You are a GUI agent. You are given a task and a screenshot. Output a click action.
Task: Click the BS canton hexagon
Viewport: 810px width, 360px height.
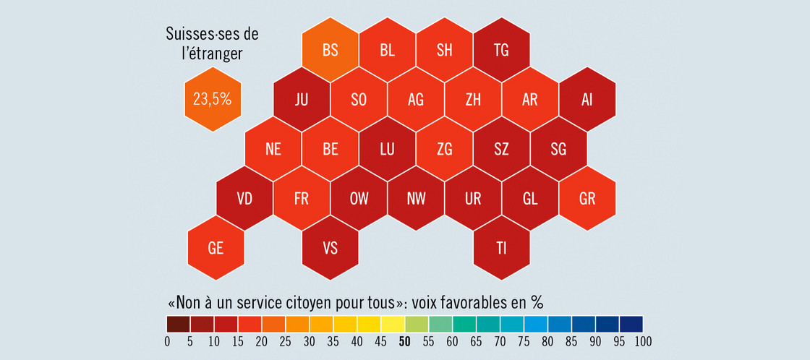tap(331, 51)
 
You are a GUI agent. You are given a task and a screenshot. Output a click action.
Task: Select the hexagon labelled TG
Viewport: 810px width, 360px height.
tap(501, 51)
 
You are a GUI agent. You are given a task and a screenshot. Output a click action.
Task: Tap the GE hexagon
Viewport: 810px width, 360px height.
tap(216, 248)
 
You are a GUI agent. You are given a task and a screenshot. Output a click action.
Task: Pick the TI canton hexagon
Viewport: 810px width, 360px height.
tap(501, 248)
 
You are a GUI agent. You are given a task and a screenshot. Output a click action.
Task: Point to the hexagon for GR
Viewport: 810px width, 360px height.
tap(587, 199)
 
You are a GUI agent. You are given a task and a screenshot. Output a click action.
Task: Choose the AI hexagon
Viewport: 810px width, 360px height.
tap(587, 100)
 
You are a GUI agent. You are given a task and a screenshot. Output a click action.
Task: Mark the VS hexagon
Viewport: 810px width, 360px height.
tap(331, 248)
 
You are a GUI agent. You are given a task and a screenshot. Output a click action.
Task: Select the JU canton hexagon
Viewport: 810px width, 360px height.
tap(302, 100)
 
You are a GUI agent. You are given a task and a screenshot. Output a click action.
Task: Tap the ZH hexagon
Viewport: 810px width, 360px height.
tap(473, 100)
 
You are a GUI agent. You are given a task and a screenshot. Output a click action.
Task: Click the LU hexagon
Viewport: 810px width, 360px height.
tap(388, 149)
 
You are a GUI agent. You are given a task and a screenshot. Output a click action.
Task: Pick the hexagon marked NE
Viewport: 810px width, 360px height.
tap(273, 149)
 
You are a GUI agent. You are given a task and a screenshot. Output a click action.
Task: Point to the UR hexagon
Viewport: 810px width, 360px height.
tap(473, 199)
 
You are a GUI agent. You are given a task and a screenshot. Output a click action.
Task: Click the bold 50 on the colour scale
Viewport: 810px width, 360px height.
tap(405, 342)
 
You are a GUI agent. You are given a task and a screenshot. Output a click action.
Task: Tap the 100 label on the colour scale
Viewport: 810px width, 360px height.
tap(642, 342)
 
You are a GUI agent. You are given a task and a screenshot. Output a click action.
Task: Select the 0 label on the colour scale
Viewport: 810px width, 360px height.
tap(167, 342)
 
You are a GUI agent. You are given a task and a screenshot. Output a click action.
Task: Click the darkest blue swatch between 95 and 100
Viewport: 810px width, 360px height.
tap(631, 324)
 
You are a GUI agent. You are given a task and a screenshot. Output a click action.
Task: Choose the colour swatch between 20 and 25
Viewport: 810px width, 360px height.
tap(273, 324)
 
